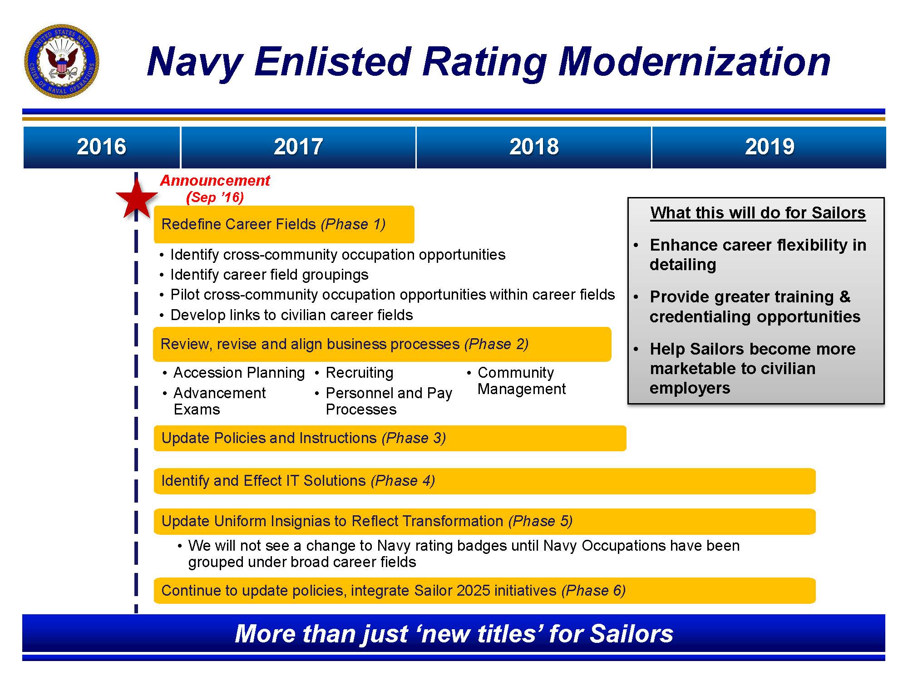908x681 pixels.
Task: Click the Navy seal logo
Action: pyautogui.click(x=62, y=60)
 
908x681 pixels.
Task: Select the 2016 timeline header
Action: pyautogui.click(x=101, y=147)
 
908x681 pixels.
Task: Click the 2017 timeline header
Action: pyautogui.click(x=298, y=147)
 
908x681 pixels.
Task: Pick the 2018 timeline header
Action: pyautogui.click(x=533, y=147)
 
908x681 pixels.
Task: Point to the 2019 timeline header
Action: pyautogui.click(x=769, y=147)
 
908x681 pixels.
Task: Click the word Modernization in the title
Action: pyautogui.click(x=694, y=62)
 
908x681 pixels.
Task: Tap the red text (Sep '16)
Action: pyautogui.click(x=215, y=197)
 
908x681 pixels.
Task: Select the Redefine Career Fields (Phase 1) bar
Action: pyautogui.click(x=284, y=224)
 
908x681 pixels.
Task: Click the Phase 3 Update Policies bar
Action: pyautogui.click(x=390, y=438)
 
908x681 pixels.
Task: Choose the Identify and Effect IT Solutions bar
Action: pyautogui.click(x=484, y=481)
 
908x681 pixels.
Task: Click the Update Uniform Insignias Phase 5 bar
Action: pyautogui.click(x=484, y=521)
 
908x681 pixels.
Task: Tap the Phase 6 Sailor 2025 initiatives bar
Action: pyautogui.click(x=484, y=591)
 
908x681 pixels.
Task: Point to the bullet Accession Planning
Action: pyautogui.click(x=239, y=373)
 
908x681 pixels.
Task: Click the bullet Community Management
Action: pyautogui.click(x=521, y=381)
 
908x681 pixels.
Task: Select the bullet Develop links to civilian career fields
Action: pyautogui.click(x=291, y=315)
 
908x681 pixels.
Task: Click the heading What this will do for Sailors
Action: pyautogui.click(x=757, y=213)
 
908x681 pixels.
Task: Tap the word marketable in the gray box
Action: pyautogui.click(x=701, y=369)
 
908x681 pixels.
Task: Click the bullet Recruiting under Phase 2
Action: pyautogui.click(x=359, y=373)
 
